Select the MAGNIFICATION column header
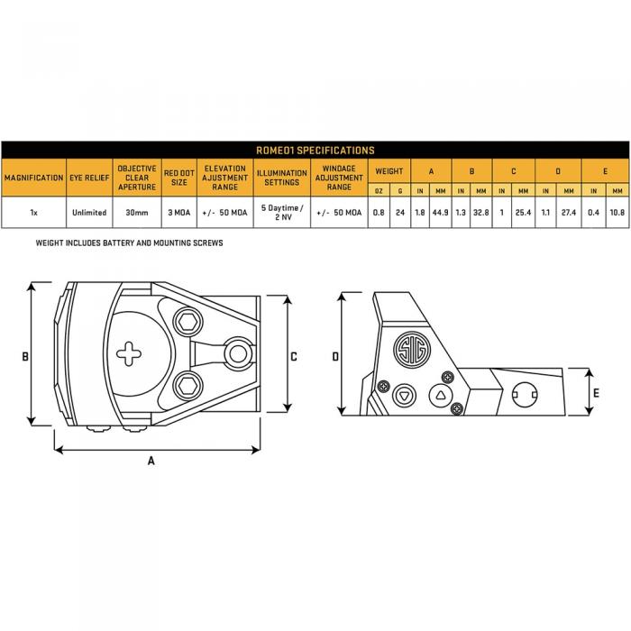(x=34, y=178)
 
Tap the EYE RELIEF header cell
(x=89, y=178)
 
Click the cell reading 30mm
(x=136, y=213)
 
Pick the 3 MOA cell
(x=179, y=213)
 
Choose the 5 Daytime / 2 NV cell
(x=281, y=213)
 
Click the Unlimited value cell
(x=89, y=213)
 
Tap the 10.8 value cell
(x=617, y=213)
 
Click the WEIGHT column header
(x=389, y=170)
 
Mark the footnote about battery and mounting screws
(x=129, y=243)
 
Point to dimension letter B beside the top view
(x=25, y=356)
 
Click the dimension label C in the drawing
(x=294, y=356)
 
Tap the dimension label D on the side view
(x=335, y=356)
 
